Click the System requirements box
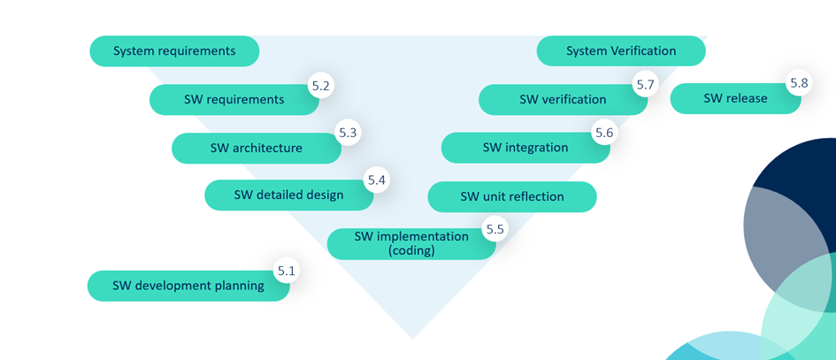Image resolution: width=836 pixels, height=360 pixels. [174, 51]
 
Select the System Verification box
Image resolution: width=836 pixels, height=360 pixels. [621, 51]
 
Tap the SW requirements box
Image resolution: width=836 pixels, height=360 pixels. [234, 100]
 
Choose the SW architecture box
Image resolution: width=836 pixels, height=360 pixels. [256, 149]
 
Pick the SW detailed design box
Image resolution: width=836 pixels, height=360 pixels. [288, 195]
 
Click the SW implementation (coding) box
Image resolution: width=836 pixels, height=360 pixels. [411, 244]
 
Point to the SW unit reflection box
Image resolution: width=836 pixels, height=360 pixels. [511, 197]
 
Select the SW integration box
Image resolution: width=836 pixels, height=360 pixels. [525, 148]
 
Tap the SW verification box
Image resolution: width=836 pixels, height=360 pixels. [563, 100]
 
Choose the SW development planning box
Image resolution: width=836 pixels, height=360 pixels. [188, 286]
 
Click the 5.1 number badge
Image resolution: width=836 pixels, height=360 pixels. [286, 271]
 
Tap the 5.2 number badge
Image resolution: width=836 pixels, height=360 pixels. [320, 86]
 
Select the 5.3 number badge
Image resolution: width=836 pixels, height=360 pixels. [348, 133]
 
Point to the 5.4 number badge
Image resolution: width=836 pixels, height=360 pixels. [377, 180]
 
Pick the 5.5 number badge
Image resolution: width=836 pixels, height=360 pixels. [495, 229]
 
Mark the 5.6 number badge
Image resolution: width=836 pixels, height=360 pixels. [604, 133]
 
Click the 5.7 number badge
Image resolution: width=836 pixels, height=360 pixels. [645, 85]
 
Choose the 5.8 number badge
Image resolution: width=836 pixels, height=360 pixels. [799, 83]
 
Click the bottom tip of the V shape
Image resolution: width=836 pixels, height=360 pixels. [412, 337]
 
